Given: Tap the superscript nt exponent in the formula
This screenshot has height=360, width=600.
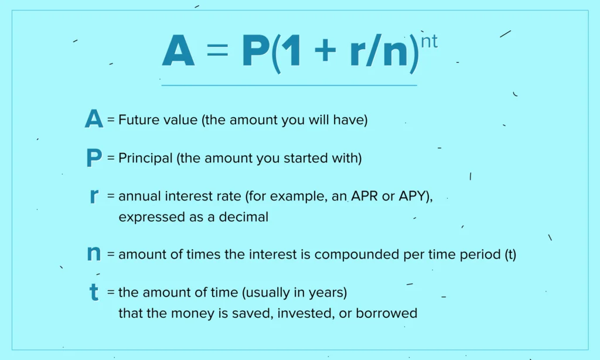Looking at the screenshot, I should coord(429,42).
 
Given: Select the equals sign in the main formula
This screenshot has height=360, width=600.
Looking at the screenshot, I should coord(217,52).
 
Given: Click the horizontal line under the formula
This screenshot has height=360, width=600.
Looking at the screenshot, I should coord(289,86).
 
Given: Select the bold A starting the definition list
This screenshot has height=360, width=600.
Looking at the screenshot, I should coord(94,120).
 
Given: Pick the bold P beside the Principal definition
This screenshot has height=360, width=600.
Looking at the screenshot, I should coord(94,158).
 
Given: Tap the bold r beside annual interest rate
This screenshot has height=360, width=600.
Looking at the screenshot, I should coord(94,196).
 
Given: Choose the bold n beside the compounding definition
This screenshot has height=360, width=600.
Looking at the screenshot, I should coord(94,254).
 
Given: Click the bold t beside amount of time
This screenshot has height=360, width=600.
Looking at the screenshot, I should coord(94,292).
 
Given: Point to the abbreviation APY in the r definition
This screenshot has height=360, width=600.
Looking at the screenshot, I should coord(414,196).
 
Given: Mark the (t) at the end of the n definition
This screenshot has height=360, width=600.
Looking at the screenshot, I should coord(510,255).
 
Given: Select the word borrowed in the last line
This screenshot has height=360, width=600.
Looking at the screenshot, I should coord(390,313).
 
